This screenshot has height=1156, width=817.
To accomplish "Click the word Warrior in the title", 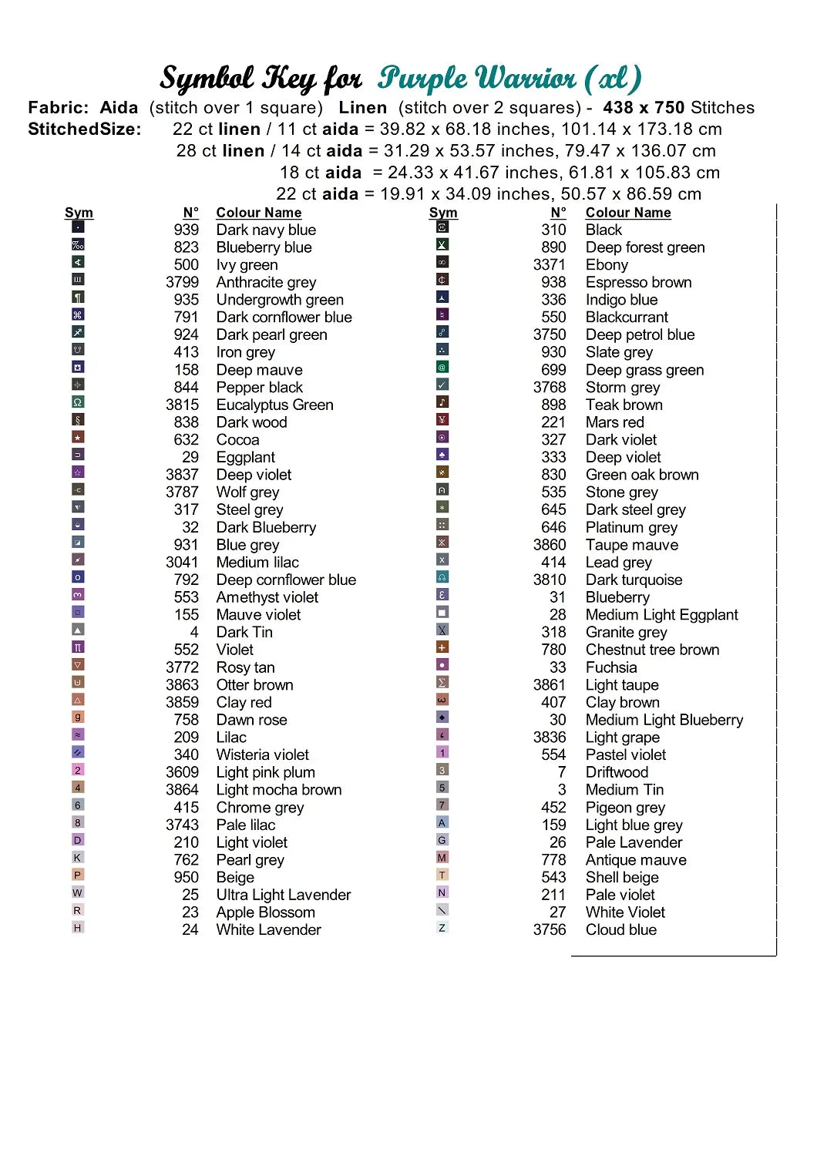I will (x=525, y=79).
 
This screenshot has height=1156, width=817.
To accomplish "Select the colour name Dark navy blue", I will (x=266, y=230).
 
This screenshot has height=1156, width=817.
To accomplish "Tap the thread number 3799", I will (x=182, y=282).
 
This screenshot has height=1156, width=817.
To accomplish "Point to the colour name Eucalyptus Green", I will (x=274, y=405).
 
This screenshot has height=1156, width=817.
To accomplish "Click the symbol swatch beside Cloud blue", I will (x=442, y=928).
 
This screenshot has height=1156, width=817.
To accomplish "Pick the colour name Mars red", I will (x=614, y=422).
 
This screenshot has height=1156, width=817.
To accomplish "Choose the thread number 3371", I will (x=549, y=264).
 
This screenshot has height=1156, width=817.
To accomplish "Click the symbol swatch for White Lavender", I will (x=77, y=928).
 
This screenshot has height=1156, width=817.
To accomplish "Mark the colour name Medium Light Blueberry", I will (x=664, y=720).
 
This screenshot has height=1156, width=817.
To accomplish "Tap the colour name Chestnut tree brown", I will (x=652, y=650).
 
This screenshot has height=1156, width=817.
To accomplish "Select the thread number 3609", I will (x=182, y=772).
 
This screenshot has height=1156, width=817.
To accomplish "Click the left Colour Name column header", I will (x=258, y=213).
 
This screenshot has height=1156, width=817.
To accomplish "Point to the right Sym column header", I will (x=443, y=213).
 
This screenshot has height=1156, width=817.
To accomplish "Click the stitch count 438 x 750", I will (x=644, y=108).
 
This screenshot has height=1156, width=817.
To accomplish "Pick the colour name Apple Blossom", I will (x=265, y=912).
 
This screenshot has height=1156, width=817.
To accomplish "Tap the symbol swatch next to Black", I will (x=442, y=227).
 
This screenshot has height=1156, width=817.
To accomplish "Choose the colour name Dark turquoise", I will (x=634, y=580).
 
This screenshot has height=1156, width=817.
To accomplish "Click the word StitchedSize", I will (x=85, y=129).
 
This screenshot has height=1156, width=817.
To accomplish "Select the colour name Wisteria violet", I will (x=262, y=754).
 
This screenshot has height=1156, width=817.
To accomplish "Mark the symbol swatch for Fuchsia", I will (x=442, y=664).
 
